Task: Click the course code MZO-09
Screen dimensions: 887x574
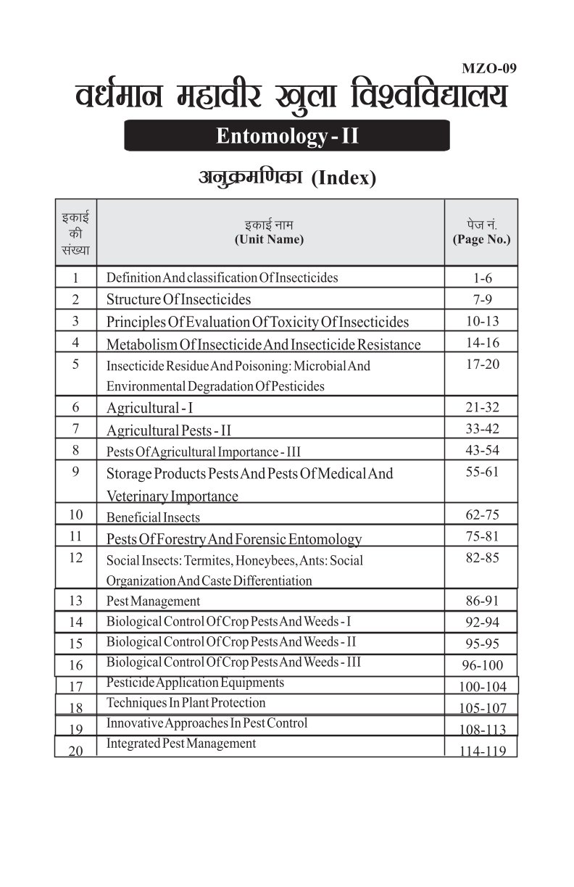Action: point(488,70)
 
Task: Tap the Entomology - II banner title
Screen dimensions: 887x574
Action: point(287,136)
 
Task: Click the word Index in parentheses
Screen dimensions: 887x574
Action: point(344,179)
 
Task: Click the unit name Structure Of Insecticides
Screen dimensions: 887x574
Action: point(178,299)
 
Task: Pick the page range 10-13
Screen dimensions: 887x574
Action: point(482,320)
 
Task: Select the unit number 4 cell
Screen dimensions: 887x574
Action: point(75,343)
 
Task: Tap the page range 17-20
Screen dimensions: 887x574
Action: point(482,364)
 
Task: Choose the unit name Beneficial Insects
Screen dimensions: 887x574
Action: point(153,517)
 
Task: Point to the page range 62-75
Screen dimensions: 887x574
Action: point(482,515)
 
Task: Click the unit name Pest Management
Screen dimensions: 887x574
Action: point(153,601)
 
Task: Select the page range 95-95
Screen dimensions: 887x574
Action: point(482,643)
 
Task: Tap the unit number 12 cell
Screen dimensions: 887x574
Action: point(75,558)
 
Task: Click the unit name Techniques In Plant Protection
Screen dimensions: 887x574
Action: point(186,702)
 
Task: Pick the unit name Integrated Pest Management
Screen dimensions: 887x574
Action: point(180,743)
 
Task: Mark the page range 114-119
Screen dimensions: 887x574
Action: point(482,751)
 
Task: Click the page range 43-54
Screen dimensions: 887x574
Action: point(482,450)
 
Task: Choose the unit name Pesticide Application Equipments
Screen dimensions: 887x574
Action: point(195,682)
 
